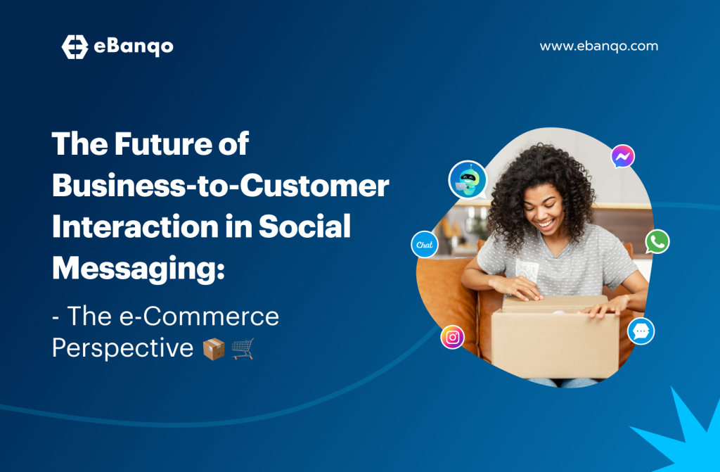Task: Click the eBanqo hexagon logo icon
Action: (x=75, y=47)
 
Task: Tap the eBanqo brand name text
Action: (x=134, y=47)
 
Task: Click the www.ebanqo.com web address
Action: (x=599, y=46)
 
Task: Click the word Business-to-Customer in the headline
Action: (x=220, y=186)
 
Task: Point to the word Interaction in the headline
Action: (x=135, y=227)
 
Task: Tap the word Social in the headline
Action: (x=304, y=227)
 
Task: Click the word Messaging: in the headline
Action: (x=139, y=269)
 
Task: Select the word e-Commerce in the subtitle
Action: (x=199, y=317)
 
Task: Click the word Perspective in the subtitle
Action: (x=122, y=348)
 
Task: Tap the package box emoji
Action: (x=214, y=350)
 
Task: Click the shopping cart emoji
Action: (x=243, y=350)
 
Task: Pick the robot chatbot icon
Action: (x=468, y=179)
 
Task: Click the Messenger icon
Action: (x=623, y=156)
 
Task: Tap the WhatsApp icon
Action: (x=657, y=242)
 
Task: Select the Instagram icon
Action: (x=452, y=338)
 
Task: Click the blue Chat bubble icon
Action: (x=424, y=245)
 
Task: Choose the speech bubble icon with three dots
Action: (x=641, y=331)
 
